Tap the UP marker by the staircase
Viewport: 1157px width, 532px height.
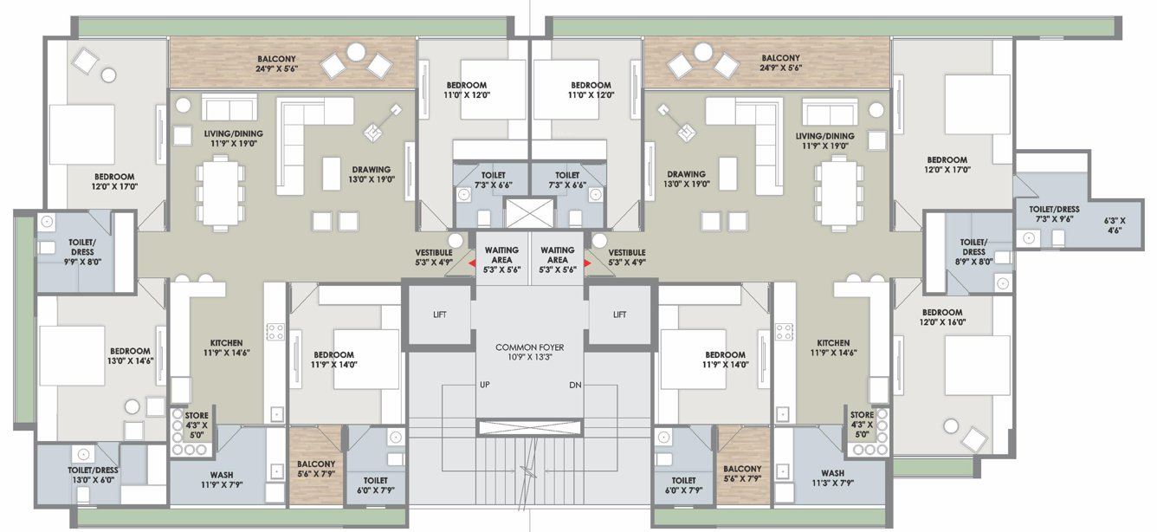pos(486,384)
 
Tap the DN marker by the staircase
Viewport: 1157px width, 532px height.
pos(575,384)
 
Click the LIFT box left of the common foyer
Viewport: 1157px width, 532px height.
pos(440,315)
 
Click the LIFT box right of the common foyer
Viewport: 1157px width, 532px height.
pos(619,315)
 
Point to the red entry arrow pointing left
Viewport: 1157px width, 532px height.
pos(471,264)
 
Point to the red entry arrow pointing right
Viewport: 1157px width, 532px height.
pos(589,264)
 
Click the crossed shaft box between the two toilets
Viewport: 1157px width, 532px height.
pos(529,213)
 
